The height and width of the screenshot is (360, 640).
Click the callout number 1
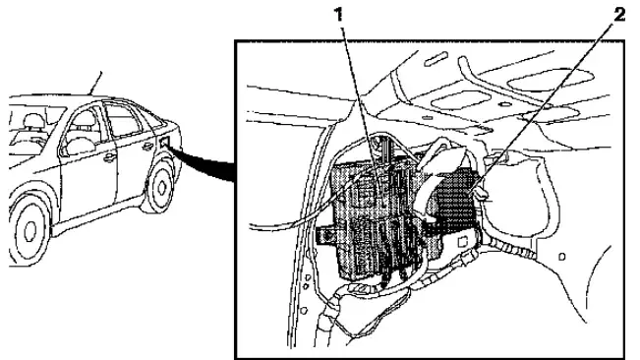[x=338, y=15]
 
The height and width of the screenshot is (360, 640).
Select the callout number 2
[x=619, y=15]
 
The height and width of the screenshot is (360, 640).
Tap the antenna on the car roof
[x=96, y=84]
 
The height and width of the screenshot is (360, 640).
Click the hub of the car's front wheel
[x=30, y=231]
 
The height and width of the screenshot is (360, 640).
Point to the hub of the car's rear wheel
[x=162, y=188]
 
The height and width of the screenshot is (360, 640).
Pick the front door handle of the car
[x=109, y=157]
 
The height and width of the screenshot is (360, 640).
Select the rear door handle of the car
[x=147, y=147]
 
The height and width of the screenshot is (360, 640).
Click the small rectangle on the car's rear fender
[x=165, y=143]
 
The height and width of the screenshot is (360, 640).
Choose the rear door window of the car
[x=122, y=119]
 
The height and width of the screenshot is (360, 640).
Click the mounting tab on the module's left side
[x=325, y=236]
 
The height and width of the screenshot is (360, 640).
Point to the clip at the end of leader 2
[x=483, y=195]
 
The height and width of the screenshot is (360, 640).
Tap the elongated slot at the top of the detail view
[x=436, y=59]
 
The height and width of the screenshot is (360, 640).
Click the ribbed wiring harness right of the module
[x=505, y=248]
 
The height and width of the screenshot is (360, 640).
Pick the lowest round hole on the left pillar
[x=304, y=311]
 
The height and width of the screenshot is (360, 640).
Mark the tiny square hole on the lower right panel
[x=562, y=257]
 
